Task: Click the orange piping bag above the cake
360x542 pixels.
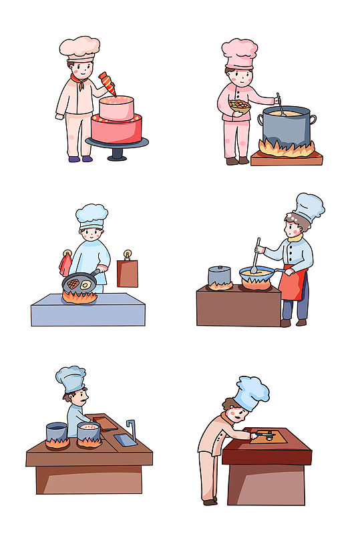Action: [108, 84]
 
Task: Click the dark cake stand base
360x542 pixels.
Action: [118, 153]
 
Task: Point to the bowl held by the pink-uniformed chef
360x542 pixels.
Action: [239, 105]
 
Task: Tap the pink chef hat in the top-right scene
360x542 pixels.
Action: [239, 52]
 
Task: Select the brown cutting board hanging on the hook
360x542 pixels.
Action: [128, 272]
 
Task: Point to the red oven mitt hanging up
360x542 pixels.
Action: [65, 266]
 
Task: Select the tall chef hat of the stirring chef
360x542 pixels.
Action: [308, 207]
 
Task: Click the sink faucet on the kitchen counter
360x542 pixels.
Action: [132, 430]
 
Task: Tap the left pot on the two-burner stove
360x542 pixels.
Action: [57, 432]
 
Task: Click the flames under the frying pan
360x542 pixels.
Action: [80, 296]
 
